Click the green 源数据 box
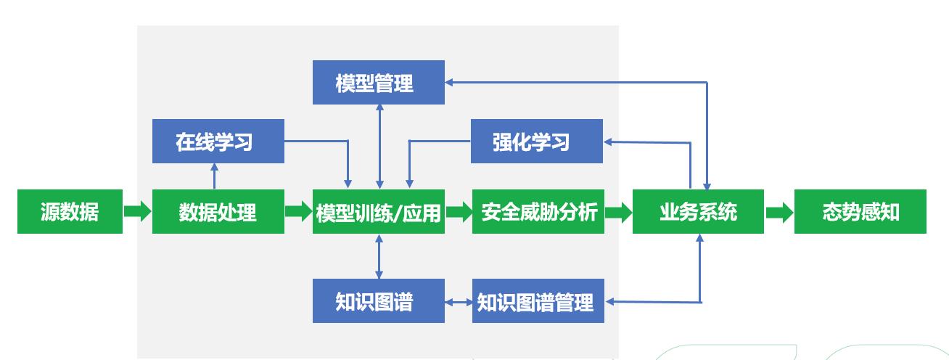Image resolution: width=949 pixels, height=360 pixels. pos(70,212)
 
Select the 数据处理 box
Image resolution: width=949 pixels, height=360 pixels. pos(218,212)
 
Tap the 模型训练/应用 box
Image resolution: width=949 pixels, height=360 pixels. pos(379,212)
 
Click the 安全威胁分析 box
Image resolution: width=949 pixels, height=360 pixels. pos(538,212)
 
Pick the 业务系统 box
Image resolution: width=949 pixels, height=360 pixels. pos(698,212)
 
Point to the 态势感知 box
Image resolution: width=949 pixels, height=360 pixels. pos(860,212)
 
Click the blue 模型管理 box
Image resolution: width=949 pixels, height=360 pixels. pos(378,82)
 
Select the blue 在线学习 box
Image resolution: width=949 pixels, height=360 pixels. pos(218,141)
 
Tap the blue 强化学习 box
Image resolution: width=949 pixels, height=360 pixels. pos(537,141)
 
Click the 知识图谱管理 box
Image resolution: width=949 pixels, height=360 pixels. pos(538,301)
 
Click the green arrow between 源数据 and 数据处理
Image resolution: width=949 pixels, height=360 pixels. pos(137,212)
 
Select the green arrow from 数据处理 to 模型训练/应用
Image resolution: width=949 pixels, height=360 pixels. pos(298,212)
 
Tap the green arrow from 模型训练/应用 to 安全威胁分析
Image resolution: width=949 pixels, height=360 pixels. pos(458,212)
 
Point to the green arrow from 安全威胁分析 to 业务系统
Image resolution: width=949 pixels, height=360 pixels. pos(618,212)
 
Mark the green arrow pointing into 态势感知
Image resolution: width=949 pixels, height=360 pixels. pos(779,212)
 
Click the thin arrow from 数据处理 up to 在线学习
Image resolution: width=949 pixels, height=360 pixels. pos(215,176)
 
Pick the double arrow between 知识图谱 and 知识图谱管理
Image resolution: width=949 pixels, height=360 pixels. pos(458,301)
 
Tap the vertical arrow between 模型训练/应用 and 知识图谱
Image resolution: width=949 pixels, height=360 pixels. pos(379,257)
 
